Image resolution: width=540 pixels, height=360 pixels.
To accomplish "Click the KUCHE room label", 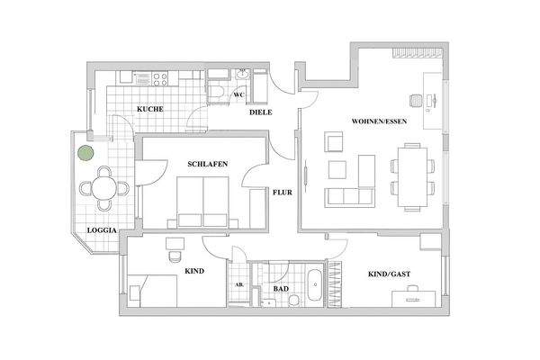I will click(x=149, y=110).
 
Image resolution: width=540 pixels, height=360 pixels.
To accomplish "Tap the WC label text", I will click(x=239, y=94).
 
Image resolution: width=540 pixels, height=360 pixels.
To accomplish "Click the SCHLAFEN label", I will click(x=207, y=164).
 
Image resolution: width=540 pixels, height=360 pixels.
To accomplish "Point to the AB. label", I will click(x=238, y=284).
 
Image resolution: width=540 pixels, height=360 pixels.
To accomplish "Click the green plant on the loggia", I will click(x=84, y=153).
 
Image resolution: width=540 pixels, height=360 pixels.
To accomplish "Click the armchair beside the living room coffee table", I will click(x=334, y=141).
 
